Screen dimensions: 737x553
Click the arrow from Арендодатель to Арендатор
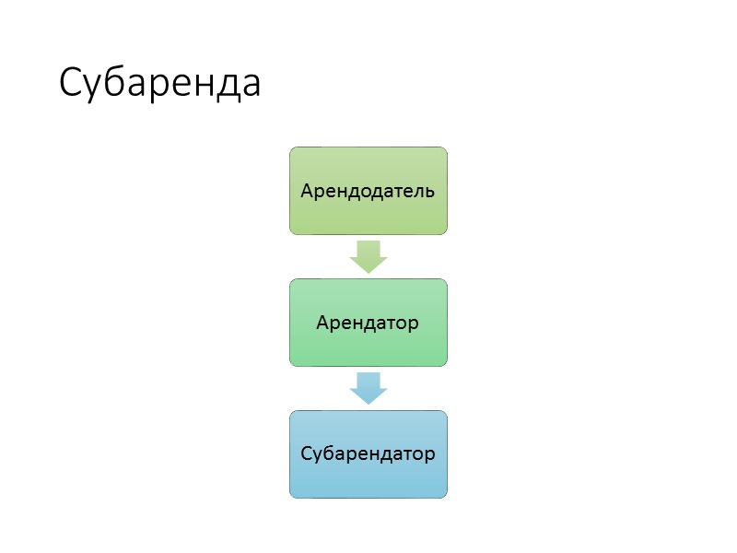click(368, 255)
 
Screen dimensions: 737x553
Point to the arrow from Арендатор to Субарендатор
click(368, 387)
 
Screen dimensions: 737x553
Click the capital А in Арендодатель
click(308, 192)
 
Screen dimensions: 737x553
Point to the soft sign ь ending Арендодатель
click(428, 194)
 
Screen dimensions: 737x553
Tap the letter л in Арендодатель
click(417, 194)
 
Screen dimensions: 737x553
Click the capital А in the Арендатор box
click(322, 324)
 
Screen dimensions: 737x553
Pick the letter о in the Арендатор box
click(401, 325)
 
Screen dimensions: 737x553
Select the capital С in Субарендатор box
click(307, 454)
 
